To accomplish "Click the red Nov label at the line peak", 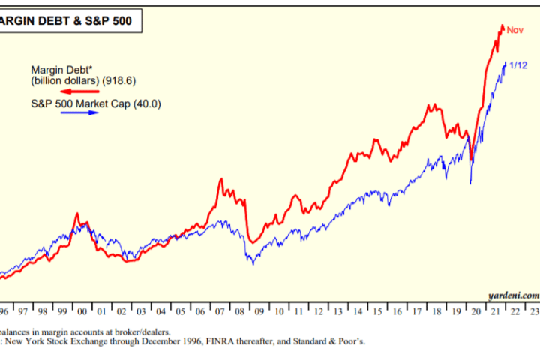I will pos(514,30).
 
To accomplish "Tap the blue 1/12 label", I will pos(517,66).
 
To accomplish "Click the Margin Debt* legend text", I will pos(57,67).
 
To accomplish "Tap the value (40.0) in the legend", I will pos(146,103).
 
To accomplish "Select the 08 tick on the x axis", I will pos(238,310).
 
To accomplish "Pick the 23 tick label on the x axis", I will pos(533,310).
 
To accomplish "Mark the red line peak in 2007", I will pos(221,179).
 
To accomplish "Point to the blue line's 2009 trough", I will pos(253,263).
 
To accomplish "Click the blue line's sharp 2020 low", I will pos(471,182).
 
